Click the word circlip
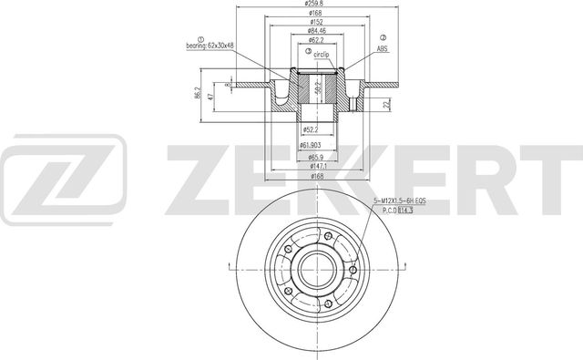point(321,56)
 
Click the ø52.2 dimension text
point(312,130)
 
